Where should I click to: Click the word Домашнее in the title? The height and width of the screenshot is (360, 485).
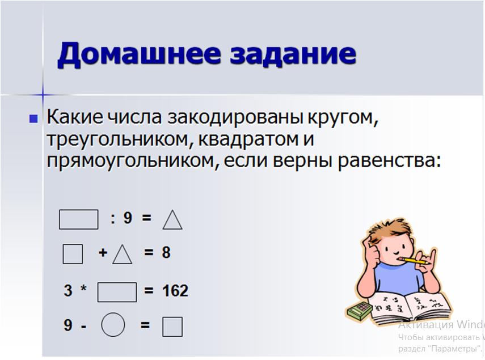point(139,54)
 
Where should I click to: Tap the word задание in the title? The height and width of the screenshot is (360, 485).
point(293,54)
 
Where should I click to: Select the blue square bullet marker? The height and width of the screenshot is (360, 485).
point(33,118)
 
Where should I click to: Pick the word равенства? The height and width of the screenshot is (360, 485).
point(389,161)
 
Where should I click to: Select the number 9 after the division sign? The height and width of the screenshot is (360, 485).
point(128,218)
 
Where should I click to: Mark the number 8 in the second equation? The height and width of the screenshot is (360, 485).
point(166,252)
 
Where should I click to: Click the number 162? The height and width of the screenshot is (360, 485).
point(175,291)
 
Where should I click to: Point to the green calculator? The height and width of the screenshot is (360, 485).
point(359,311)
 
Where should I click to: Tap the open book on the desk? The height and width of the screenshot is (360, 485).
point(409,307)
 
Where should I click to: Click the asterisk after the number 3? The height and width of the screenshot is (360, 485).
point(83,288)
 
